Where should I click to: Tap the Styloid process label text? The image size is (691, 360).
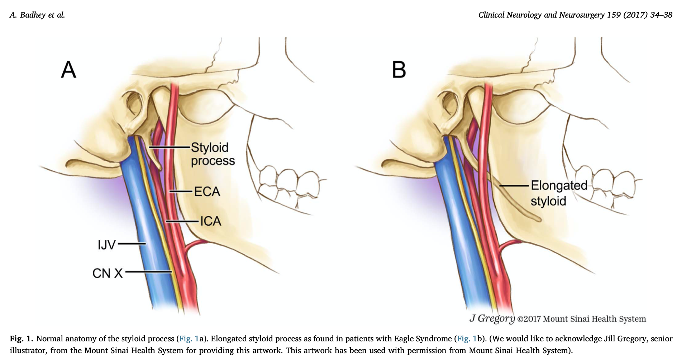[213, 154]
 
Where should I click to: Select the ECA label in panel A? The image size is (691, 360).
[207, 191]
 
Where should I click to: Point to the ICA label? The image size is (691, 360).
[211, 221]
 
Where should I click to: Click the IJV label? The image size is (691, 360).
[107, 245]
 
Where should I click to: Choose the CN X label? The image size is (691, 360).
[108, 273]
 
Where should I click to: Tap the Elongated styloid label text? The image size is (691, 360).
[558, 193]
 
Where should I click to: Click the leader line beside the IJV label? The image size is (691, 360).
[132, 244]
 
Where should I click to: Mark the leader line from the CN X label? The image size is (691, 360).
[148, 272]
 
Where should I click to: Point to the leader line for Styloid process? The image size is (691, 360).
[169, 147]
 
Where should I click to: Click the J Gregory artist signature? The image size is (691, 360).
[492, 318]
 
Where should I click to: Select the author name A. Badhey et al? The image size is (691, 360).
[37, 15]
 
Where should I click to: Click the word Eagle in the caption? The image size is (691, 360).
[405, 339]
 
